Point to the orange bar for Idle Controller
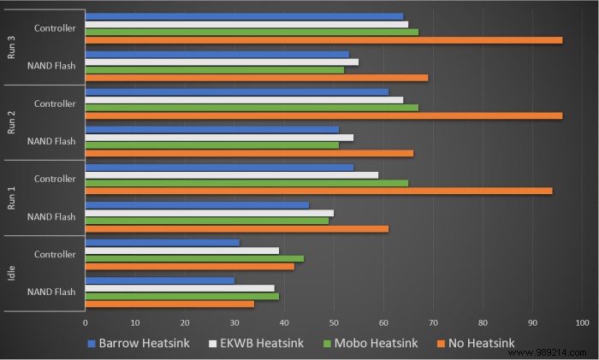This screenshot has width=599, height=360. click(190, 266)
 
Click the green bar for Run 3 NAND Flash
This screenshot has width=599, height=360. click(215, 69)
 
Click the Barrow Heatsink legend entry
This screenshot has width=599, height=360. click(138, 344)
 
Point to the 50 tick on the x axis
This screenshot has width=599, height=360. click(334, 323)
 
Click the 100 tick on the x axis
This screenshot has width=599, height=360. click(583, 323)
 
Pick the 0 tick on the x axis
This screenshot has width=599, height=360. click(86, 323)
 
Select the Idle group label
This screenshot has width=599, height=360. click(12, 273)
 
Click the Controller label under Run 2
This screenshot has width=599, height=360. click(55, 104)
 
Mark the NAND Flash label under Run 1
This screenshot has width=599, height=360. click(51, 216)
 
